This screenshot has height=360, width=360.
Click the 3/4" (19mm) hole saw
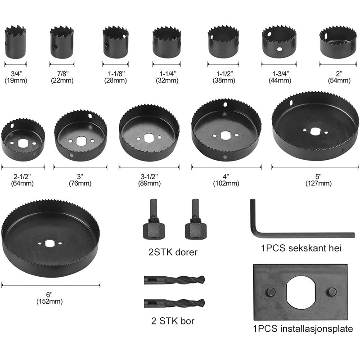click(x=15, y=42)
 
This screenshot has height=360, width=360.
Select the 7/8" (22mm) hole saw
click(x=62, y=42)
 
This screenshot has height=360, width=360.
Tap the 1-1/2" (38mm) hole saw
click(x=223, y=41)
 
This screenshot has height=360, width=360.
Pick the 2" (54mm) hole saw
click(x=338, y=43)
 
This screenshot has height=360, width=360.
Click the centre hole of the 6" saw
click(x=49, y=243)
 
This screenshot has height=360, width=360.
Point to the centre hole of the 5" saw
click(x=315, y=131)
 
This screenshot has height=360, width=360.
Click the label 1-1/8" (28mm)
click(x=116, y=77)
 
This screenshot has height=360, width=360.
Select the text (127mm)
click(x=319, y=184)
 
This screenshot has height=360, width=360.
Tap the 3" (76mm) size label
click(x=80, y=180)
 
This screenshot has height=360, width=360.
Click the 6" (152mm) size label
click(x=49, y=298)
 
